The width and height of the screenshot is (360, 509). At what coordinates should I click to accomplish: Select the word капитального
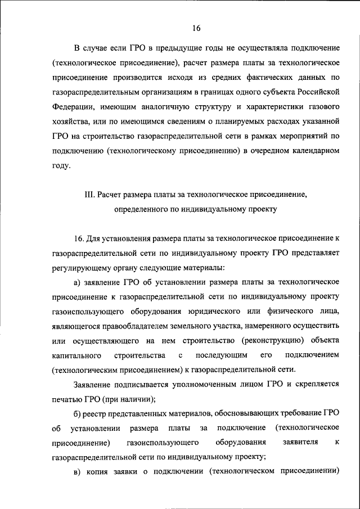76,355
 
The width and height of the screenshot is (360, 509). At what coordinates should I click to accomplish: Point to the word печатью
66,399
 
